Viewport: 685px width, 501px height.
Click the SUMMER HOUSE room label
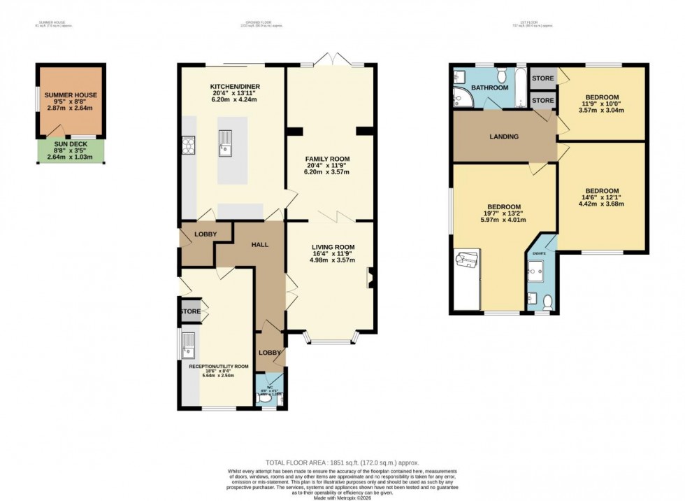(x=71, y=94)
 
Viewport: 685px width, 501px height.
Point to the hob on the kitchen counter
(x=188, y=145)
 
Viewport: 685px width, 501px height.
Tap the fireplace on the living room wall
(x=372, y=278)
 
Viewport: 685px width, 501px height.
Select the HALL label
(x=259, y=245)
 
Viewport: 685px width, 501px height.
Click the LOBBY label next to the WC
(x=271, y=353)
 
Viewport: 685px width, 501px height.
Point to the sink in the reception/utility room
(x=188, y=344)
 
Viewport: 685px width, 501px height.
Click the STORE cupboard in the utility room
(x=190, y=311)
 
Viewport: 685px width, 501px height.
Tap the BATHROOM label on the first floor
(x=489, y=89)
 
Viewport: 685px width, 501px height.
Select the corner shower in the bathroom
(x=461, y=98)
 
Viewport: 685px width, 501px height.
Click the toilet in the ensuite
(x=547, y=302)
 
